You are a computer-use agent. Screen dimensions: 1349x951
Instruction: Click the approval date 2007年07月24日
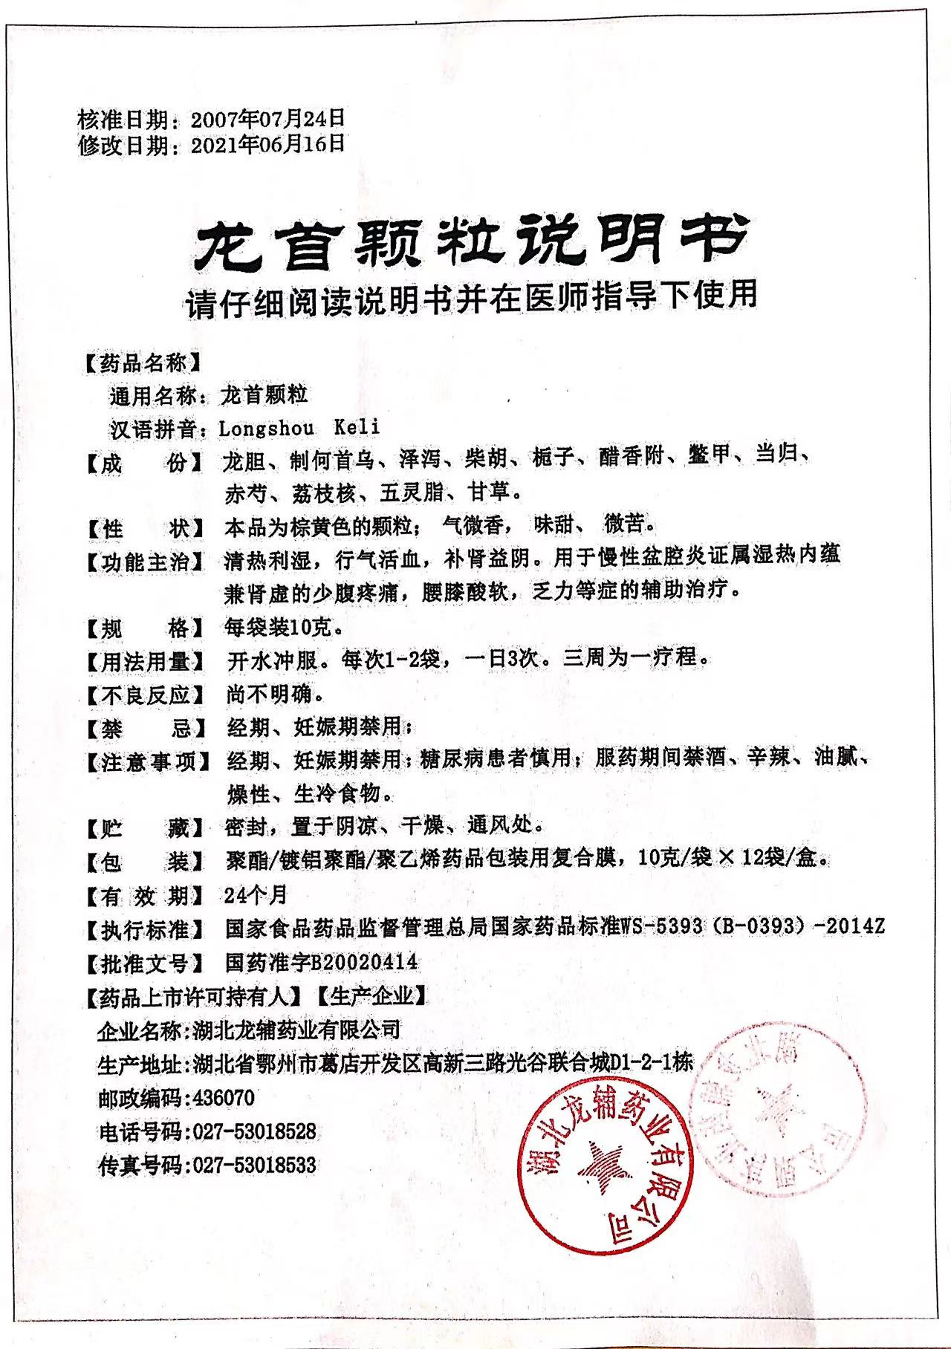(268, 118)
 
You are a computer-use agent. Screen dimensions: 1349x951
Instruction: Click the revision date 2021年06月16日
(268, 144)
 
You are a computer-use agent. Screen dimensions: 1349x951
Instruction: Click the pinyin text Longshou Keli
(299, 428)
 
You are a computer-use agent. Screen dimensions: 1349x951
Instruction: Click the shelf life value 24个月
(256, 895)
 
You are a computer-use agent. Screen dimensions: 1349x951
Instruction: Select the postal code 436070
(223, 1097)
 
